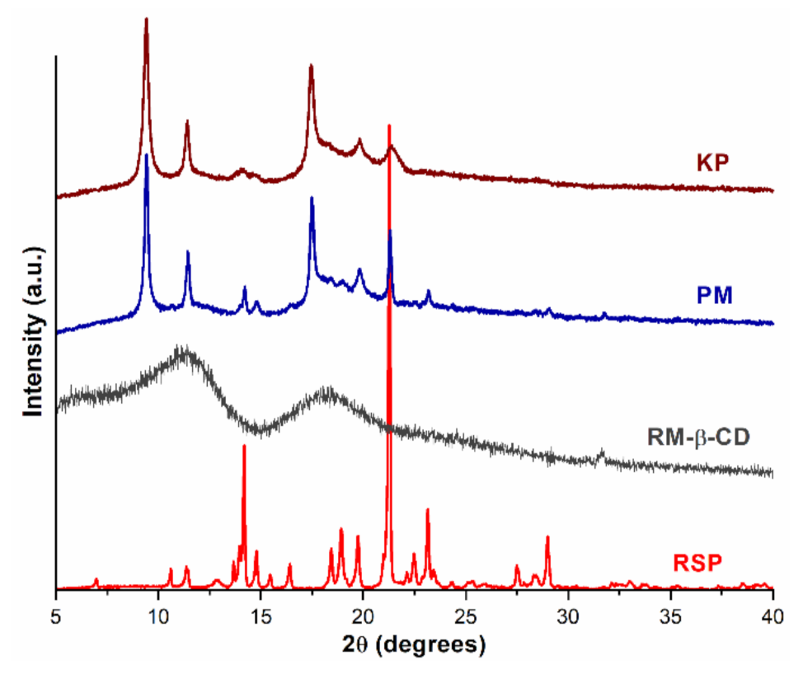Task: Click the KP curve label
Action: [711, 162]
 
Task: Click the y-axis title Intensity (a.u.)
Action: [33, 323]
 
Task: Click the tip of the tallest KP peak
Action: [146, 19]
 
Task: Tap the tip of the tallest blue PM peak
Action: [146, 155]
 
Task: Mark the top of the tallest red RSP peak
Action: [388, 126]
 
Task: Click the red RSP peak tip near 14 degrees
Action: [244, 446]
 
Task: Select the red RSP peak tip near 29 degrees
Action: [547, 537]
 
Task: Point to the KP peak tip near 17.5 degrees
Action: [311, 66]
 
